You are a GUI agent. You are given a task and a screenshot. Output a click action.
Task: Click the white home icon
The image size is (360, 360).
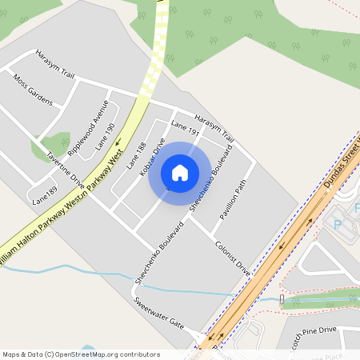[180, 173]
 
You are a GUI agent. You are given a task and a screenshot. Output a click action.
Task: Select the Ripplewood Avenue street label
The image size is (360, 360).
[88, 126]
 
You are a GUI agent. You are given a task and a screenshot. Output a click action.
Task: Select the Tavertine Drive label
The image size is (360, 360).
[65, 167]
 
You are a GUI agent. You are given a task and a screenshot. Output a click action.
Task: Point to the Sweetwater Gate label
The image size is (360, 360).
[158, 314]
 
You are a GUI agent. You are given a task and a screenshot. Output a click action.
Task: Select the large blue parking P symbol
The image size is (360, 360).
[336, 226]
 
